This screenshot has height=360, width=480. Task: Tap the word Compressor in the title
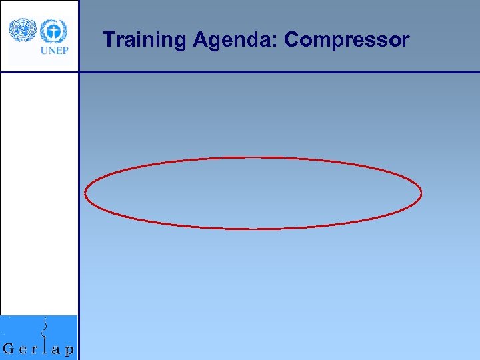click(x=346, y=41)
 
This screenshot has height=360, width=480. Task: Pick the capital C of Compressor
click(x=292, y=40)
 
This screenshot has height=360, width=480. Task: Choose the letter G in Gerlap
click(x=10, y=348)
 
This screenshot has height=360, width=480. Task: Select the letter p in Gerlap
click(x=69, y=351)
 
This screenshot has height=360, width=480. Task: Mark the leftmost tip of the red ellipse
click(x=85, y=193)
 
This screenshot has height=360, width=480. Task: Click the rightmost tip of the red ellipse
click(x=421, y=193)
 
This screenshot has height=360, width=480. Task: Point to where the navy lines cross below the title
click(x=79, y=72)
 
